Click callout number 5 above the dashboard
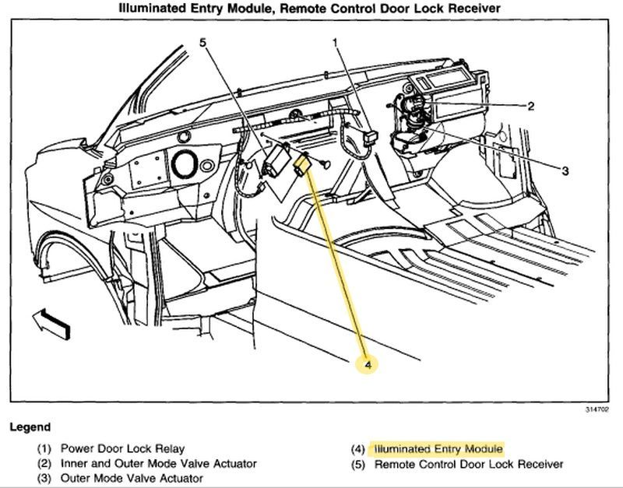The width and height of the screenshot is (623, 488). click(204, 44)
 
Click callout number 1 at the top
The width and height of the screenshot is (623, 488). click(336, 44)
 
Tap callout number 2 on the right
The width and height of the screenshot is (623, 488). click(530, 107)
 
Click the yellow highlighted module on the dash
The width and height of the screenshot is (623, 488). click(302, 166)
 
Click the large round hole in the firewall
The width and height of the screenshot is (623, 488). click(185, 164)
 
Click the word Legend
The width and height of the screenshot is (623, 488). click(30, 427)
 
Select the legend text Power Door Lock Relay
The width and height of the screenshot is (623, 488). click(122, 449)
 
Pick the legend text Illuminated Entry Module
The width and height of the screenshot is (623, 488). click(438, 449)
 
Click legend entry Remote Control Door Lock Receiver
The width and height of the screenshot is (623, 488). click(469, 464)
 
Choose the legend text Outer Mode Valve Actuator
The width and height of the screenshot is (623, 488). click(132, 479)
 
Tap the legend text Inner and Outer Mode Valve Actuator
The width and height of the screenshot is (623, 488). click(159, 464)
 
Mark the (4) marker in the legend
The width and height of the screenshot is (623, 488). click(357, 449)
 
